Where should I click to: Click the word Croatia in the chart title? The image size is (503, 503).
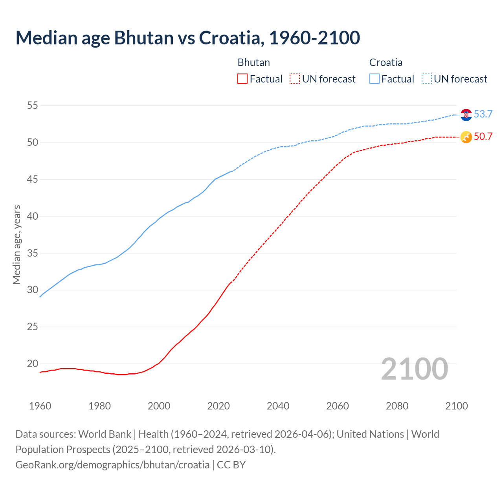229,38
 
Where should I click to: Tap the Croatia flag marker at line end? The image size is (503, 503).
466,114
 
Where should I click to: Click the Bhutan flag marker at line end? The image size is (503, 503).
466,137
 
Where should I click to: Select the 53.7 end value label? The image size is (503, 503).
483,114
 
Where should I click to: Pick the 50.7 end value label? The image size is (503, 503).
483,137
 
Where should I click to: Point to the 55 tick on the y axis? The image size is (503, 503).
33,106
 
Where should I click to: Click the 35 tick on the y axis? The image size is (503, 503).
33,253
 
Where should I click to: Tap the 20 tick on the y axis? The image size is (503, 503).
33,363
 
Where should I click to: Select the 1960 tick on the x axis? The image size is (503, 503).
40,406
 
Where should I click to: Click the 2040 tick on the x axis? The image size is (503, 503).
278,406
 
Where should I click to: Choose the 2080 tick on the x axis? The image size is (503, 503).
397,406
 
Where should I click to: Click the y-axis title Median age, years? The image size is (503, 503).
17,244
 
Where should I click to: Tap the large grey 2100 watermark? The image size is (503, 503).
414,369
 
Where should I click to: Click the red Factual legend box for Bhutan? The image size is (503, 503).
242,79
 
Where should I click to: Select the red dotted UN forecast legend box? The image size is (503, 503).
295,79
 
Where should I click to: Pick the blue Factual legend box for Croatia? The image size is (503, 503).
374,79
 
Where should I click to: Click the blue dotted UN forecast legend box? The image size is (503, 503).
426,79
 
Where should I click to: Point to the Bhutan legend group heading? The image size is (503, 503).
253,62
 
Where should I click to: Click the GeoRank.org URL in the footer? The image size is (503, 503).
112,465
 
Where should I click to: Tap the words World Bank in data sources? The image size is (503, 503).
105,434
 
